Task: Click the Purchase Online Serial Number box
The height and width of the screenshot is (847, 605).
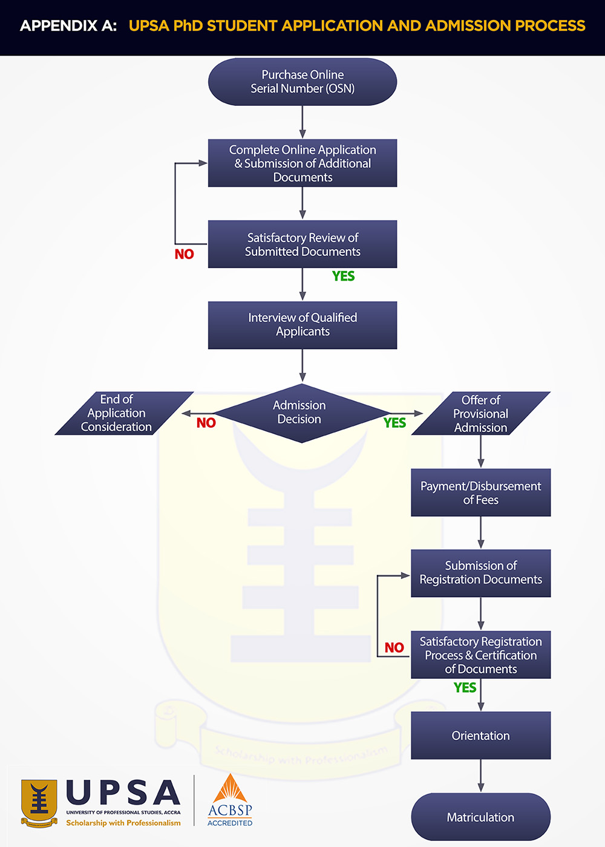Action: point(302,82)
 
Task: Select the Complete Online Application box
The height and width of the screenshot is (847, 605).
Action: point(302,163)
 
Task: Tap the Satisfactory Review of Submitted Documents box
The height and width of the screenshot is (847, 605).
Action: point(302,244)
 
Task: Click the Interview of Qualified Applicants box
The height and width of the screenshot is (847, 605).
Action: point(302,325)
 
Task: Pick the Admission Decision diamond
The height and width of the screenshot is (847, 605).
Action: point(301,413)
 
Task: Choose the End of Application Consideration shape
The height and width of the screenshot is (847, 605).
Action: point(121,413)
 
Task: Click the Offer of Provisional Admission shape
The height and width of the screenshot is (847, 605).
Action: point(481,414)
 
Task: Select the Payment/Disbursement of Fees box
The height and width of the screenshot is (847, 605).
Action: point(481,492)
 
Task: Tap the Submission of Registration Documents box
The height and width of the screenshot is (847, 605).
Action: point(481,573)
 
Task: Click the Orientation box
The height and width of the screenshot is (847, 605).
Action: point(481,736)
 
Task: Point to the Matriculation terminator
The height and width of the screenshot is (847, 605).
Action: point(481,817)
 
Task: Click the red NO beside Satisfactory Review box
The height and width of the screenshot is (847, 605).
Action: point(185,254)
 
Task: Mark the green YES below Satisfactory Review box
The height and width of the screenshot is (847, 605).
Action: point(344,276)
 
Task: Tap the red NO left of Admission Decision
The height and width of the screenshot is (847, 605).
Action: point(206,423)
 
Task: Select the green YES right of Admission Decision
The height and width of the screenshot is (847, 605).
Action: point(394,423)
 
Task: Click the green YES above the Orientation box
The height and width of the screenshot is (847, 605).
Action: point(465,688)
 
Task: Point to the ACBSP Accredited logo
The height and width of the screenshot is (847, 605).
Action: point(230,801)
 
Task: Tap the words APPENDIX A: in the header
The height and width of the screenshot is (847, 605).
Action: point(68,26)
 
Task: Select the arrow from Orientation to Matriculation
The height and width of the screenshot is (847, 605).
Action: point(481,776)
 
